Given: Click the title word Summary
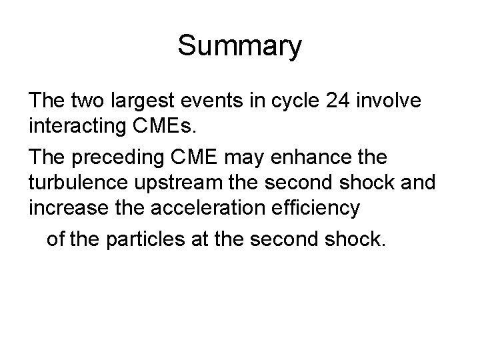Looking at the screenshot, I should pyautogui.click(x=240, y=47).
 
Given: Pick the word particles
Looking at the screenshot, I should pyautogui.click(x=146, y=239).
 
